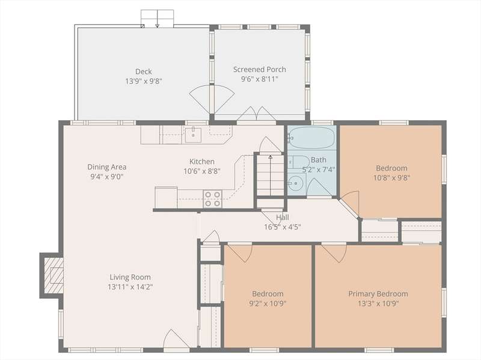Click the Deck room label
143,72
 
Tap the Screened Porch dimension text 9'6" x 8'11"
260,79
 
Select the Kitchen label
202,161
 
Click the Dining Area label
107,167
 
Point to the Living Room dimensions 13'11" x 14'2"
130,287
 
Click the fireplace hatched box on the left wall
54,275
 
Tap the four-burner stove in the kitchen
213,199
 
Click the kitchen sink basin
193,135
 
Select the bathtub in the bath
311,138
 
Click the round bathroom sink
296,183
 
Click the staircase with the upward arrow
270,175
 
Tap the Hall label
282,217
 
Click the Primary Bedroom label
378,294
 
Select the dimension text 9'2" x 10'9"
268,304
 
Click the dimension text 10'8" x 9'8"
392,178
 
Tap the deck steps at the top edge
158,19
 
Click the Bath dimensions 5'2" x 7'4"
319,169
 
